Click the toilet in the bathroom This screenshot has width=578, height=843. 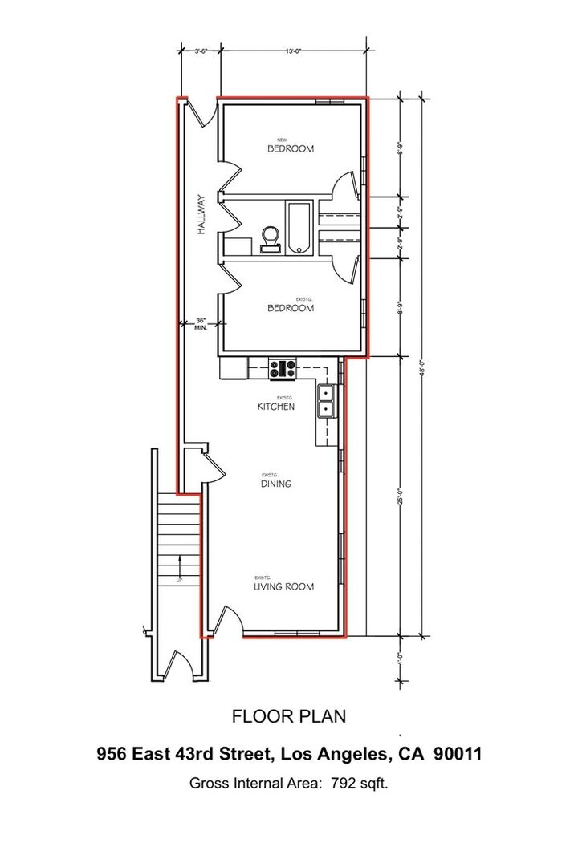pyautogui.click(x=271, y=238)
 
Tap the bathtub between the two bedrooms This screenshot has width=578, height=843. pyautogui.click(x=299, y=227)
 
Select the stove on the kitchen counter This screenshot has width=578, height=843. pyautogui.click(x=283, y=368)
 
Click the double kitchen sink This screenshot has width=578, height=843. pyautogui.click(x=327, y=401)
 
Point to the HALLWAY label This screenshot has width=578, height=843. pyautogui.click(x=203, y=214)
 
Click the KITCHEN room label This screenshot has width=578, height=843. pyautogui.click(x=275, y=407)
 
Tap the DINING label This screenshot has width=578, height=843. pyautogui.click(x=275, y=484)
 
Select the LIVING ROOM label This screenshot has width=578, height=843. pyautogui.click(x=284, y=586)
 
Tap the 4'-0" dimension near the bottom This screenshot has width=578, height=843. pyautogui.click(x=400, y=661)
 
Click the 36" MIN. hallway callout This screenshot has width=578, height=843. pyautogui.click(x=201, y=324)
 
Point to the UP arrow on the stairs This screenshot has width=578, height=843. pyautogui.click(x=179, y=577)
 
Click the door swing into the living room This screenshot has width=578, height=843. pyautogui.click(x=227, y=621)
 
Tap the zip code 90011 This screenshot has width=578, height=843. pyautogui.click(x=458, y=754)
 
